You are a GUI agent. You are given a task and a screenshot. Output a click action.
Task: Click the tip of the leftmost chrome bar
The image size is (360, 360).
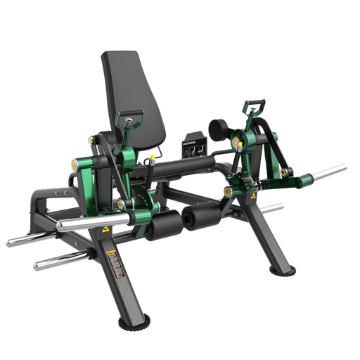pyautogui.click(x=9, y=243)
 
